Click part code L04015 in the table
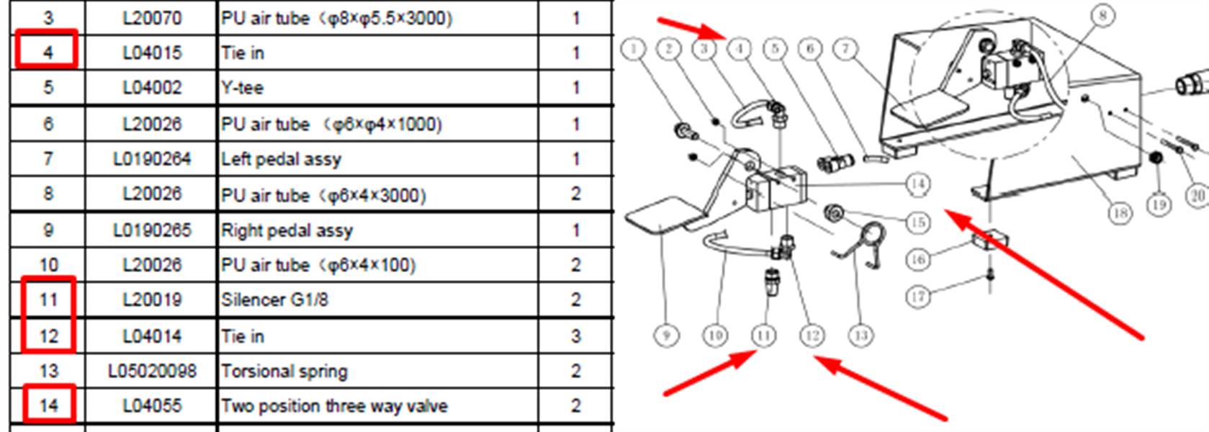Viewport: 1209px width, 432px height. pyautogui.click(x=152, y=53)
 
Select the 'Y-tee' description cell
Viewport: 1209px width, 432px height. pyautogui.click(x=242, y=88)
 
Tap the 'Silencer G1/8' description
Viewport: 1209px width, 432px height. pyautogui.click(x=274, y=300)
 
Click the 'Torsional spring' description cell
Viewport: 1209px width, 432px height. pyautogui.click(x=284, y=371)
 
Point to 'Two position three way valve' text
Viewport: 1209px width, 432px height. pyautogui.click(x=334, y=406)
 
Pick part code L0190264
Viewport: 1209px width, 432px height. pyautogui.click(x=152, y=158)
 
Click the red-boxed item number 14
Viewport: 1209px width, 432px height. pyautogui.click(x=48, y=405)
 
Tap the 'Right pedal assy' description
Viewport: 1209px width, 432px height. pyautogui.click(x=287, y=230)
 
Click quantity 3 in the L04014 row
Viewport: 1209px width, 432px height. pyautogui.click(x=575, y=336)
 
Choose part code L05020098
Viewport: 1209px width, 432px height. pyautogui.click(x=152, y=371)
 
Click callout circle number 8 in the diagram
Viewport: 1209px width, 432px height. pyautogui.click(x=1102, y=15)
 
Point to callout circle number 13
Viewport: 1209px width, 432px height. pyautogui.click(x=860, y=335)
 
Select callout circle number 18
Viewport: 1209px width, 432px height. pyautogui.click(x=1120, y=214)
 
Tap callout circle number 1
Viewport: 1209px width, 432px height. pyautogui.click(x=633, y=49)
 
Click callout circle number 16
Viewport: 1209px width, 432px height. pyautogui.click(x=917, y=259)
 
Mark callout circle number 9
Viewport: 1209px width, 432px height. pyautogui.click(x=666, y=335)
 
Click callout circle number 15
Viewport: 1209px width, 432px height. pyautogui.click(x=917, y=222)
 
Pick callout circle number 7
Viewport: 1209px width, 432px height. pyautogui.click(x=845, y=49)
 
